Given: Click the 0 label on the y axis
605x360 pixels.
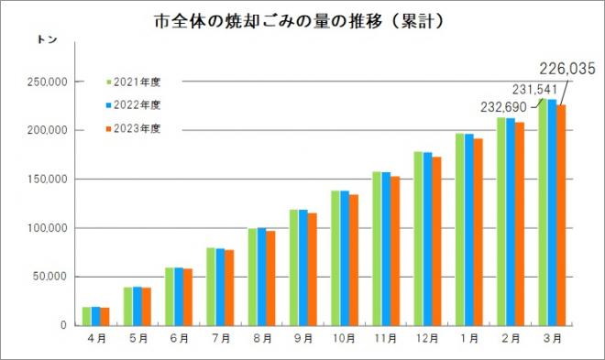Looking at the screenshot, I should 61,325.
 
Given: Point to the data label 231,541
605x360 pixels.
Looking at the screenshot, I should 534,89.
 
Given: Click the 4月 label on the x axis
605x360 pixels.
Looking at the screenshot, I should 95,339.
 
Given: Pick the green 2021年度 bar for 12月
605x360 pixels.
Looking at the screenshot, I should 418,238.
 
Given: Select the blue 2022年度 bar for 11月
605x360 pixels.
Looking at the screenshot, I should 386,248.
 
